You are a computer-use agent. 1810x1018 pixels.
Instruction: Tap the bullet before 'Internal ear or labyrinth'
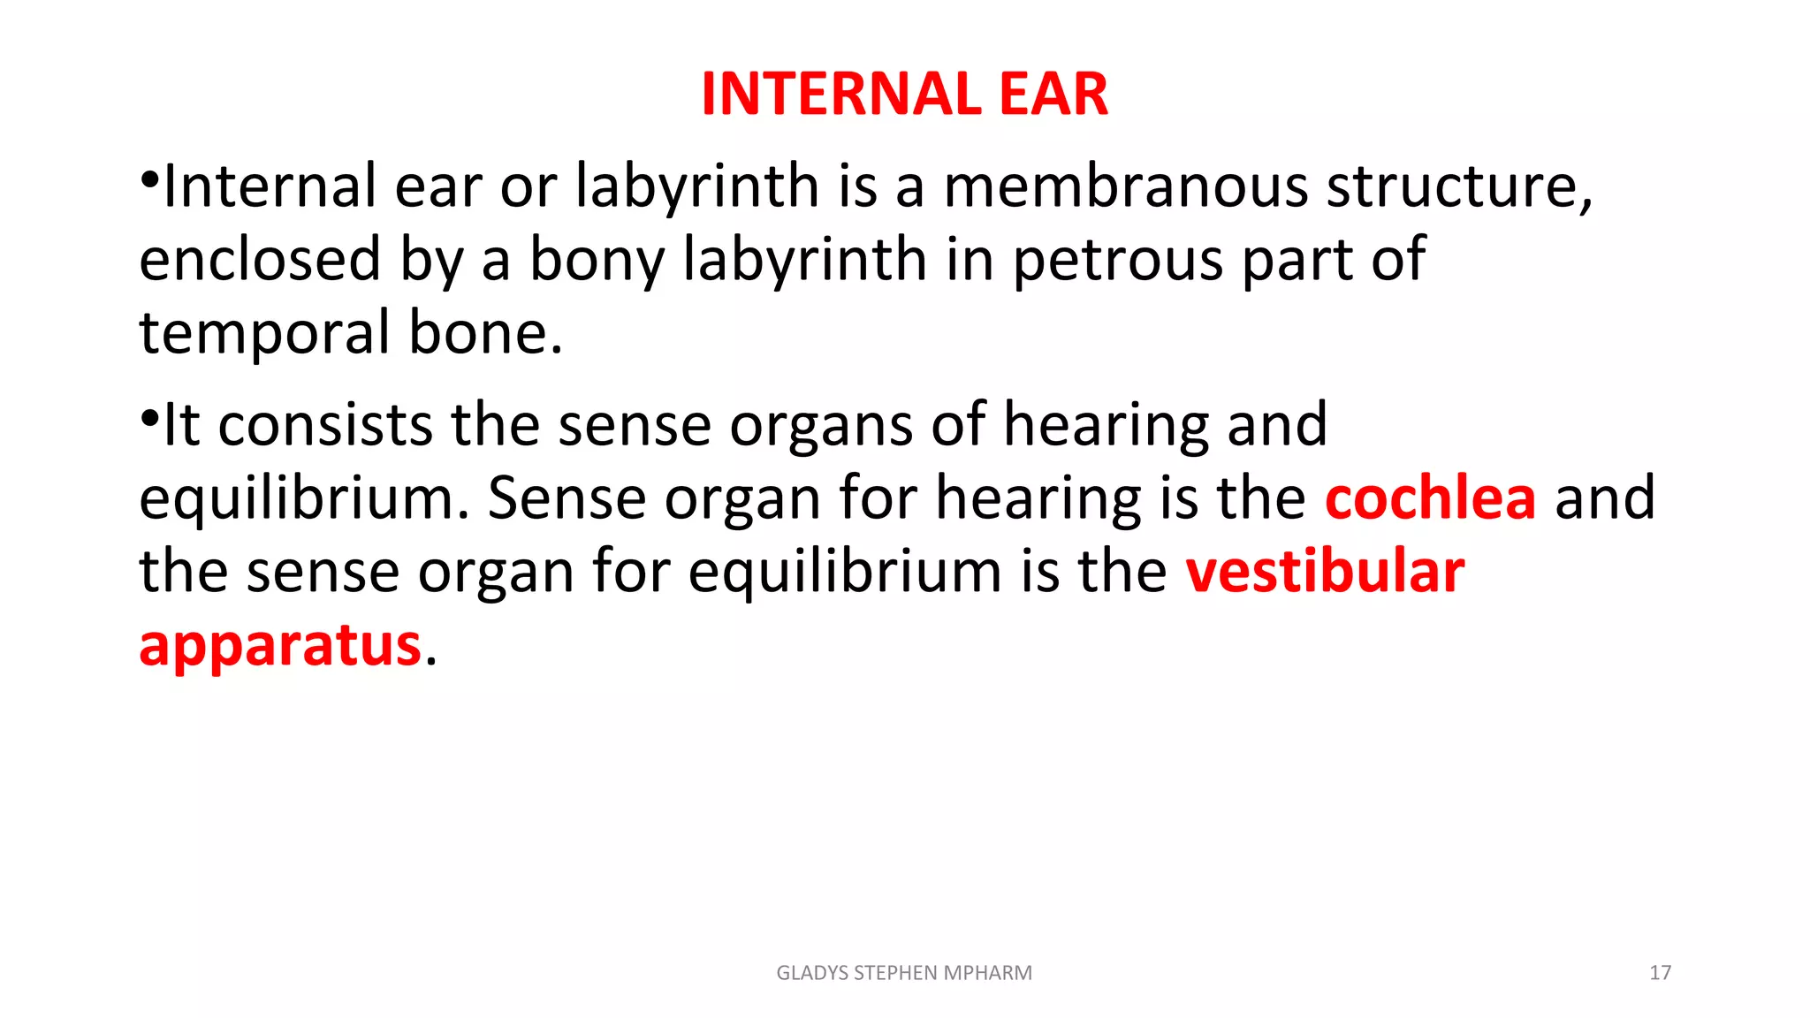click(149, 179)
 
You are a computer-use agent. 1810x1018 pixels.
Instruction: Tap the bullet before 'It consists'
click(149, 417)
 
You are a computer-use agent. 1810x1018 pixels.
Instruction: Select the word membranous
click(1126, 186)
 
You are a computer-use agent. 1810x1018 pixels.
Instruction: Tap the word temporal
click(264, 333)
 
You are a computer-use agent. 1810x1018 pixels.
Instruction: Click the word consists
click(325, 425)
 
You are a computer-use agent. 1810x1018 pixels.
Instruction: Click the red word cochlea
click(1430, 498)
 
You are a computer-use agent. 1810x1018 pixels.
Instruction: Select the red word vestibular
click(1325, 572)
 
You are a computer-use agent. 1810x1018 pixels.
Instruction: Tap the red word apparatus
click(280, 645)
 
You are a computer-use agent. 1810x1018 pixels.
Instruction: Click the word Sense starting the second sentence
click(567, 498)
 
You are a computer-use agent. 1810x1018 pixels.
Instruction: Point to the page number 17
click(1660, 973)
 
